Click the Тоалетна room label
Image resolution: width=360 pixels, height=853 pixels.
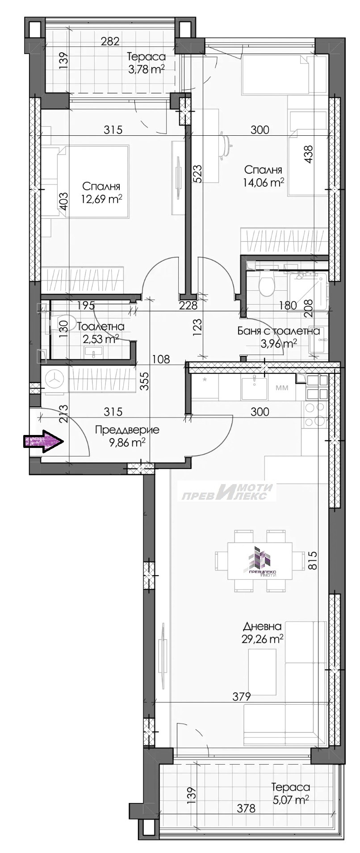pos(101,327)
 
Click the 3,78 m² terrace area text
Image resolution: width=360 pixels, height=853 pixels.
pos(146,68)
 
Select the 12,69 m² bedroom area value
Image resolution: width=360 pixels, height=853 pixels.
pos(102,199)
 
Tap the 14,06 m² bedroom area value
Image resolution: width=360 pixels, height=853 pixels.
pos(263,182)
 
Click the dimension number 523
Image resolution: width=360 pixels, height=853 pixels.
pos(198,174)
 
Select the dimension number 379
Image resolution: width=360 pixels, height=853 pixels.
pos(242,696)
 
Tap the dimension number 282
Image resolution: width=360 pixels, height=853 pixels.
pos(110,42)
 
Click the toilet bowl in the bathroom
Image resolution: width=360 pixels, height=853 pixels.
pos(267,285)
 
